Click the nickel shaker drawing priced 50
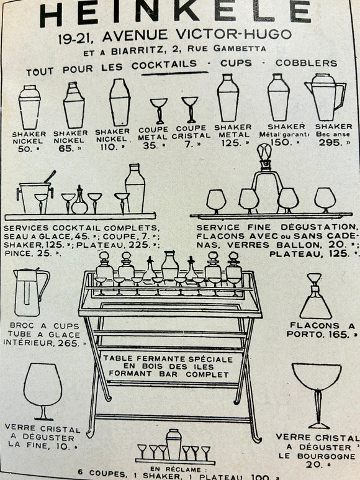coord(29,107)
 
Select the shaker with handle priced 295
coord(324,97)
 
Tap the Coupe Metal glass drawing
coord(158,111)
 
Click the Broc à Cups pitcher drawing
coord(30,292)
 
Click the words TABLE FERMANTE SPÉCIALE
coord(168,358)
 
